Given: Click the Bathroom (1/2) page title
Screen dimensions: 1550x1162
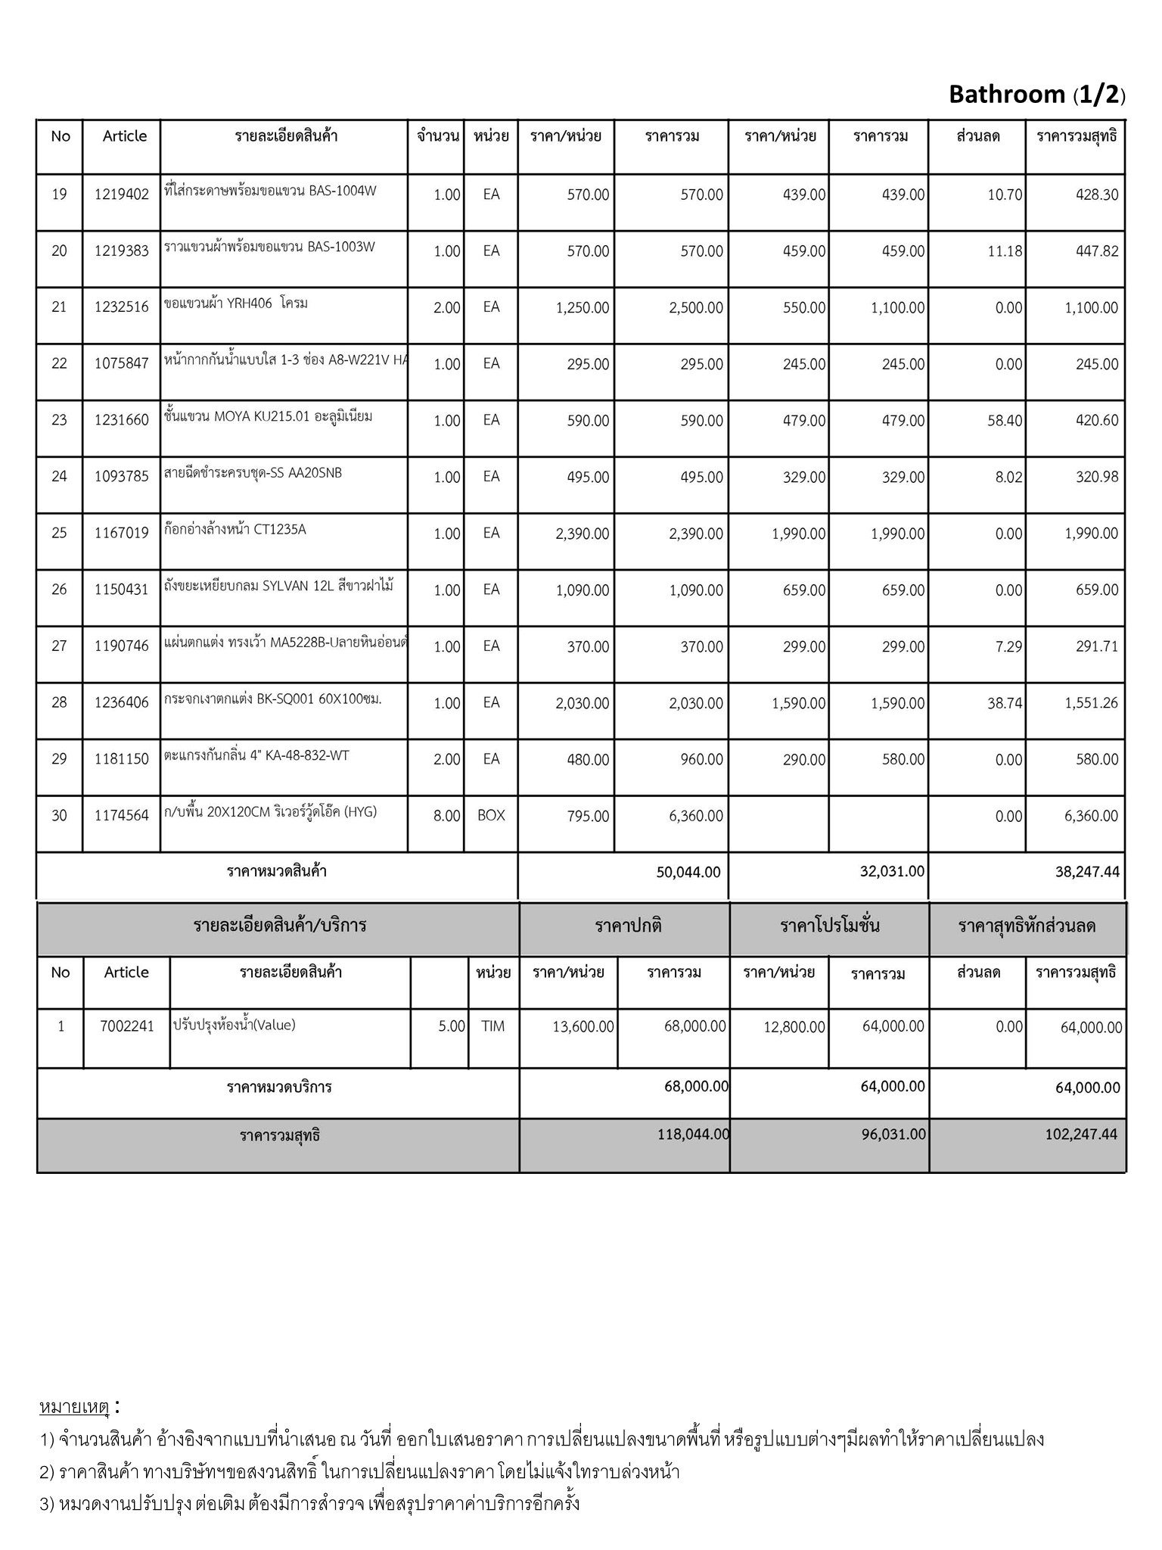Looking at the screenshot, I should pyautogui.click(x=1036, y=95).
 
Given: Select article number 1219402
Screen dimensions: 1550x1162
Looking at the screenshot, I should pyautogui.click(x=122, y=195).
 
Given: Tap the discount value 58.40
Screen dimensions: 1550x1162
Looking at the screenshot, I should pyautogui.click(x=1005, y=420).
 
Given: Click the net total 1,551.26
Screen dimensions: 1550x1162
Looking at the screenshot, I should pyautogui.click(x=1091, y=703).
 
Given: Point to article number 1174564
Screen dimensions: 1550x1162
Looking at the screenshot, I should pyautogui.click(x=122, y=816).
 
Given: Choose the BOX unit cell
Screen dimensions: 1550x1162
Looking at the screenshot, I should pyautogui.click(x=491, y=816).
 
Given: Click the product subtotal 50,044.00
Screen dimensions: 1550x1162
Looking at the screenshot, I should pyautogui.click(x=688, y=872).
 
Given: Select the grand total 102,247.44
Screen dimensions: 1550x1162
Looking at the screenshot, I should pyautogui.click(x=1081, y=1134).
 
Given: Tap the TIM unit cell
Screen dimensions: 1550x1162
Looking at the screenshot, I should pyautogui.click(x=492, y=1027).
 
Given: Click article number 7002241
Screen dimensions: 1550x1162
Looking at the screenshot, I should pyautogui.click(x=127, y=1027).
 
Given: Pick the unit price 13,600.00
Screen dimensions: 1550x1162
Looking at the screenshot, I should pyautogui.click(x=583, y=1027).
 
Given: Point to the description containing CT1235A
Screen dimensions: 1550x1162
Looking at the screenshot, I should pyautogui.click(x=235, y=530).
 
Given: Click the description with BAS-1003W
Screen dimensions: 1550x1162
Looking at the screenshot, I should pyautogui.click(x=269, y=247).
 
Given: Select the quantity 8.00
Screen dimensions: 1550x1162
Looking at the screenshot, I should pyautogui.click(x=446, y=816).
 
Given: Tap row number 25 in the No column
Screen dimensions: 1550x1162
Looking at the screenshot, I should pyautogui.click(x=59, y=534).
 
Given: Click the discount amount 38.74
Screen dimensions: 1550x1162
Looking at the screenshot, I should pyautogui.click(x=1005, y=703).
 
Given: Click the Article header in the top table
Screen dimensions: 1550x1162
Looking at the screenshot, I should pyautogui.click(x=125, y=136).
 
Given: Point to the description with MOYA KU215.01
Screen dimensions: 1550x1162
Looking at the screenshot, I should pyautogui.click(x=269, y=416).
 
